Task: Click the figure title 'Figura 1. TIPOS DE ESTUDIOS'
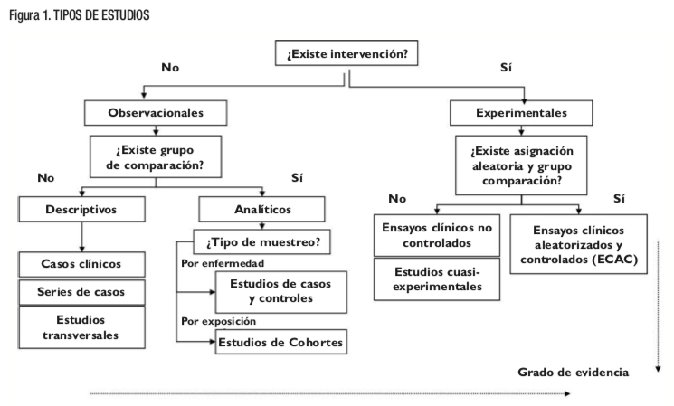(78, 15)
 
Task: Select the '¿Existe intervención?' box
(346, 54)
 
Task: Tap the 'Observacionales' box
(156, 113)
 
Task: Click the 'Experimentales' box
(521, 113)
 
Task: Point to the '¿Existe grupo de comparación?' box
(156, 156)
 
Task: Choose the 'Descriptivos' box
(81, 209)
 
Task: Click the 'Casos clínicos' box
(81, 264)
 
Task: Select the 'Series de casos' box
(81, 292)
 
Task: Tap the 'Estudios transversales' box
(81, 327)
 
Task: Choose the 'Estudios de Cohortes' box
(280, 343)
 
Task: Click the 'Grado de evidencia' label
(573, 372)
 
